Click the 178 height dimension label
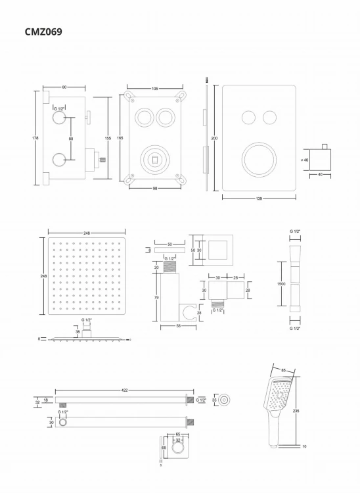click(x=35, y=138)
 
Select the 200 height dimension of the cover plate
click(x=214, y=139)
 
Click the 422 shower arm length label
click(x=124, y=390)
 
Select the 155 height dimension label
click(x=108, y=138)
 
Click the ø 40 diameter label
click(x=304, y=159)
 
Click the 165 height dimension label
click(x=120, y=138)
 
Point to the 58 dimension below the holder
click(x=169, y=325)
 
